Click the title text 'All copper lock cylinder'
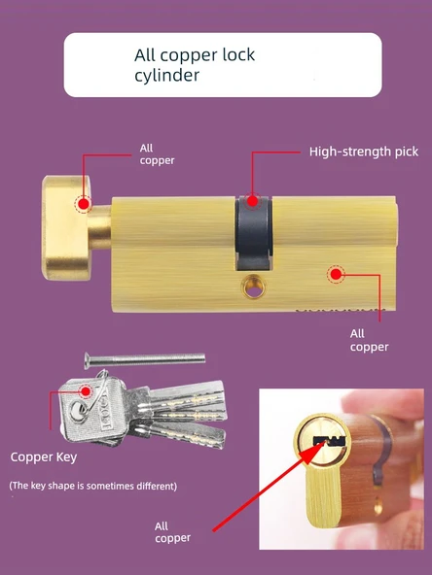[x=195, y=65]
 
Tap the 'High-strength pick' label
[x=364, y=152]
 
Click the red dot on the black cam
[x=252, y=201]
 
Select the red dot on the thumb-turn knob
[x=84, y=204]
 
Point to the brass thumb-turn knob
[x=66, y=227]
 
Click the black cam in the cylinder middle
[x=254, y=233]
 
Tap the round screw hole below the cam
[x=254, y=287]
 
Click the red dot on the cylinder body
[x=336, y=274]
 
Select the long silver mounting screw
[x=144, y=359]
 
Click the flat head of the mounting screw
[x=87, y=361]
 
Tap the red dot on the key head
[x=86, y=391]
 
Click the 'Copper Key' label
[x=44, y=457]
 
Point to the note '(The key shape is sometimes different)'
[x=93, y=486]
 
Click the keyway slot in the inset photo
[x=330, y=441]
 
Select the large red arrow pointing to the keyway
[x=269, y=486]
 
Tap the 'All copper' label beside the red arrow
[x=172, y=532]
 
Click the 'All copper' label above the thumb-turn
[x=157, y=154]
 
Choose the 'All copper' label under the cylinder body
[x=369, y=340]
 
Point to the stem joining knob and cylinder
[x=99, y=227]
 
